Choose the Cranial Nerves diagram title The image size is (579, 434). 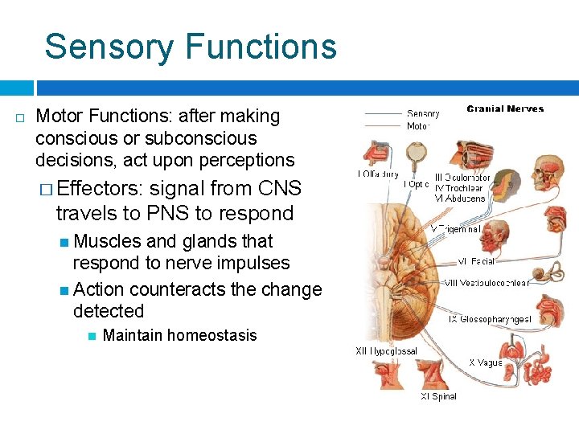click(505, 109)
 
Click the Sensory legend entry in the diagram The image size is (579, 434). click(423, 114)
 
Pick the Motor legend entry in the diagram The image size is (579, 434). click(418, 126)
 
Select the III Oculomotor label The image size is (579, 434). click(462, 178)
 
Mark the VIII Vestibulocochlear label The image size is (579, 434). click(494, 283)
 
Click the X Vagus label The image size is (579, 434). click(486, 363)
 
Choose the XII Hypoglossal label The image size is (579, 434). click(386, 351)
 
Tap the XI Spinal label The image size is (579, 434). click(438, 396)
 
